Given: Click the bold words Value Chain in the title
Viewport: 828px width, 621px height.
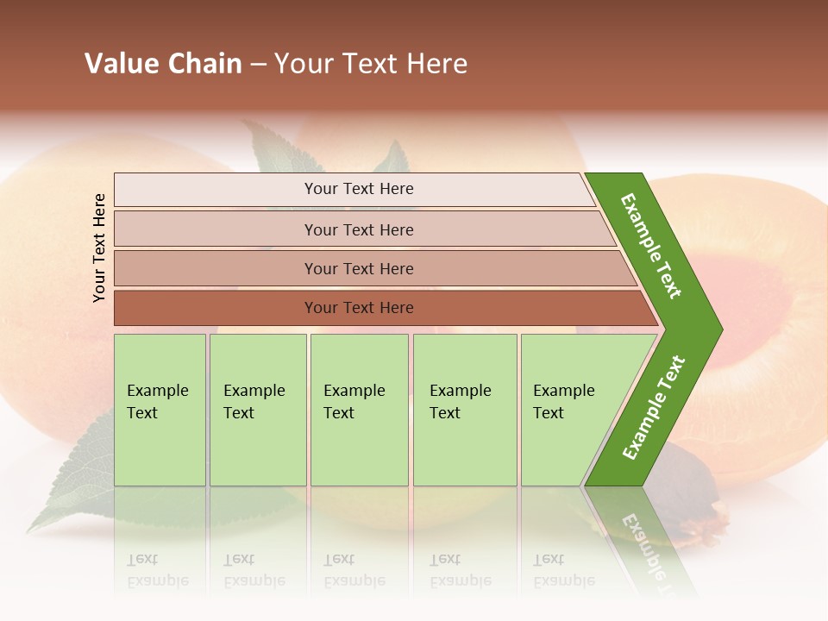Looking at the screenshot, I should (163, 64).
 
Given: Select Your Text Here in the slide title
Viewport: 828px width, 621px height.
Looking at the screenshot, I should (371, 64).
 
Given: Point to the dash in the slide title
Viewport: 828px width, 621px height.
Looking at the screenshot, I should (258, 65).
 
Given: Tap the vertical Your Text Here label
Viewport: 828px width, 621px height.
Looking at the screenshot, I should (99, 248).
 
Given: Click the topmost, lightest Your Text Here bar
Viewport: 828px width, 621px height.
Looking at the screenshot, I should (358, 189).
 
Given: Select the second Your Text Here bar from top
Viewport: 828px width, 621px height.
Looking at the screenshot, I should (358, 229).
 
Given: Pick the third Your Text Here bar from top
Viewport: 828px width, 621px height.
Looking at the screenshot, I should (358, 268).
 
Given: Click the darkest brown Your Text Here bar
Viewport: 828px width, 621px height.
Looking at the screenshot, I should (358, 308).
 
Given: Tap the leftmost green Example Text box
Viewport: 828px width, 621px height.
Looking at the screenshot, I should (160, 410).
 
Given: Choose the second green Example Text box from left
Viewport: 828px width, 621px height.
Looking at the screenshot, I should (258, 410).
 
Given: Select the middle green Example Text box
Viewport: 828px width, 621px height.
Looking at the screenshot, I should (359, 410).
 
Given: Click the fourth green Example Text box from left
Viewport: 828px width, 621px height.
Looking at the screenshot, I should (465, 410).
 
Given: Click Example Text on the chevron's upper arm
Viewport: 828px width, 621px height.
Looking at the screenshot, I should (652, 246).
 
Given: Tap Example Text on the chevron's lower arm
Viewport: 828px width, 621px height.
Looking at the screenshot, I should (654, 408).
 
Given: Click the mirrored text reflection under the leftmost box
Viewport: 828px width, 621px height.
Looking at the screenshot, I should (158, 571).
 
